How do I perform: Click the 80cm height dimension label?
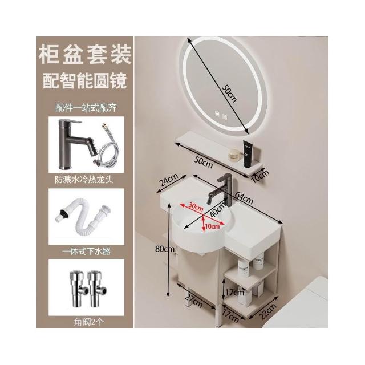pyautogui.click(x=165, y=249)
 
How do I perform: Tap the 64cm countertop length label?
pyautogui.click(x=244, y=198)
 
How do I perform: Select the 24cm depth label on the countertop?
pyautogui.click(x=169, y=180)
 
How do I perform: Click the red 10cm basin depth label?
pyautogui.click(x=213, y=226)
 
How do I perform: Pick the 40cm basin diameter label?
pyautogui.click(x=218, y=210)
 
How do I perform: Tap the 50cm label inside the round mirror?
pyautogui.click(x=229, y=93)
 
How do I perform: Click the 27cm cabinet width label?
pyautogui.click(x=194, y=301)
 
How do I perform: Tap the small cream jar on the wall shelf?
pyautogui.click(x=233, y=155)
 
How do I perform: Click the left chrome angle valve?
pyautogui.click(x=78, y=288)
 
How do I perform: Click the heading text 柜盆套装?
pyautogui.click(x=85, y=55)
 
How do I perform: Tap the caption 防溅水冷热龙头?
pyautogui.click(x=84, y=180)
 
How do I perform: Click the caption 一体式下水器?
pyautogui.click(x=86, y=252)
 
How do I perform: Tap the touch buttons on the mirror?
pyautogui.click(x=221, y=116)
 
